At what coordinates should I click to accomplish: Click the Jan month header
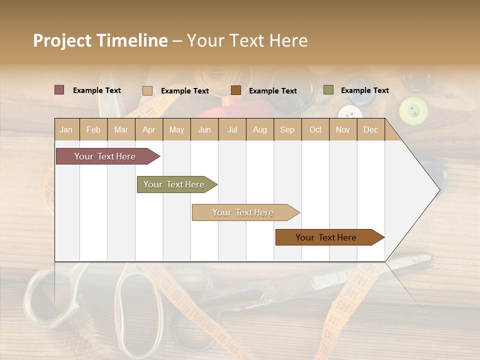(x=66, y=130)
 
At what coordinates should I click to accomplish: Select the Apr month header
(x=148, y=130)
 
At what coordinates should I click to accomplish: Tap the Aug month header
(x=259, y=130)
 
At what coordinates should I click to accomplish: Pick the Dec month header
(x=370, y=130)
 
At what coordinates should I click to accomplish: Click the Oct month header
(x=315, y=130)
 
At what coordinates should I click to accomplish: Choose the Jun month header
(x=204, y=130)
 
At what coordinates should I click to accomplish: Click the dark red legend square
(x=59, y=90)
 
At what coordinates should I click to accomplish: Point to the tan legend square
(x=147, y=90)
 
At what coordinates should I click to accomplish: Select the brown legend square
(x=236, y=90)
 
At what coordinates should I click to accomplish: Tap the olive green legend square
(x=328, y=90)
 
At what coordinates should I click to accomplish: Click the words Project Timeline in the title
(x=100, y=40)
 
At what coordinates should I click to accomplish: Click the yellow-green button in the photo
(x=413, y=110)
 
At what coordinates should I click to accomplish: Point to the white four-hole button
(x=349, y=114)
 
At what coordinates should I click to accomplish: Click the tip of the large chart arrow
(x=439, y=189)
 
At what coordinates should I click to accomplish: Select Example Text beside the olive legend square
(x=364, y=90)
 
